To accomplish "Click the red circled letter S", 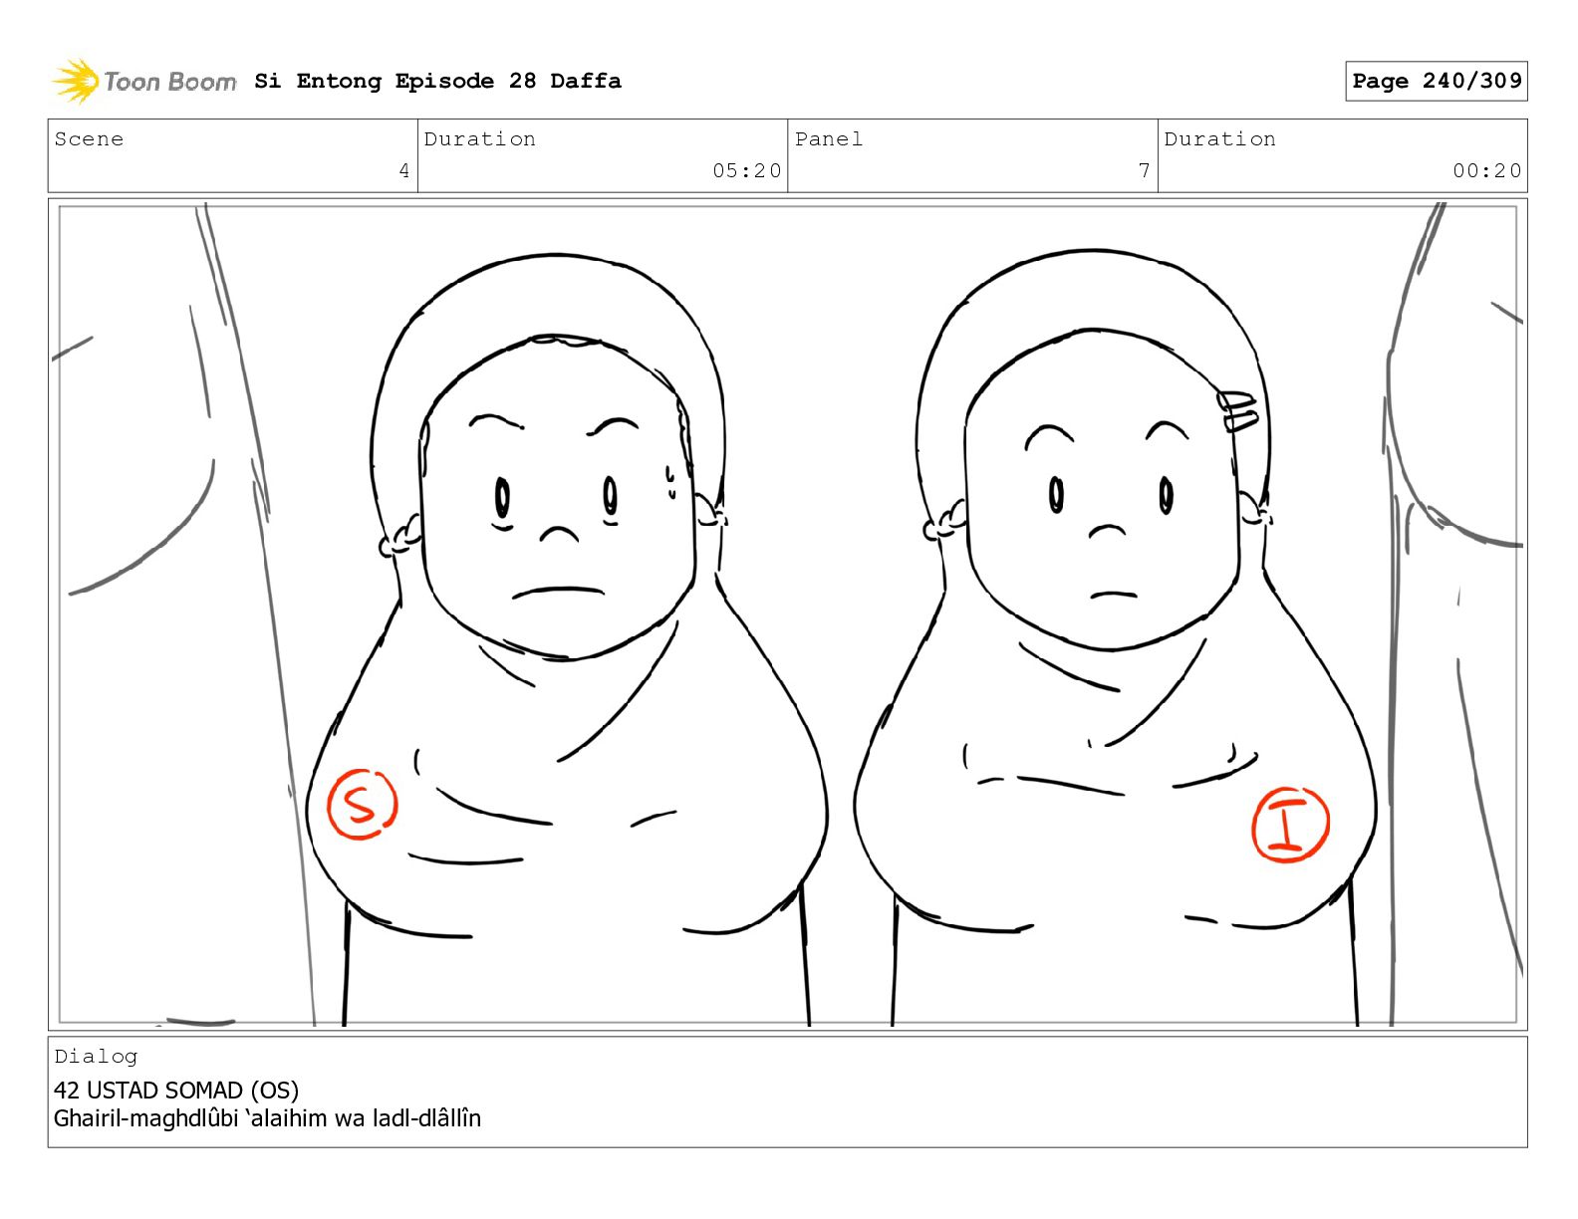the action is tap(363, 805).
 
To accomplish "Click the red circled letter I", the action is tap(1290, 825).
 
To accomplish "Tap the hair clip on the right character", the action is tap(1238, 411).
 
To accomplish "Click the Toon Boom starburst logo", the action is tap(76, 81).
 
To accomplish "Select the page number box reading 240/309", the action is tap(1436, 81).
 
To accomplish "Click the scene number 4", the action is tap(404, 170).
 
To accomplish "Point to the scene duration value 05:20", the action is tap(746, 170).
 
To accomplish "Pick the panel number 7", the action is tap(1144, 170).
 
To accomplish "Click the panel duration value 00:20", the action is tap(1486, 170).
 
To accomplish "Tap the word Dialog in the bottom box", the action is tap(96, 1057).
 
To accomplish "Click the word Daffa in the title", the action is tap(586, 81).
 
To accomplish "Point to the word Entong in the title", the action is tap(339, 81).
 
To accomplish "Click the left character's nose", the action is tap(559, 535).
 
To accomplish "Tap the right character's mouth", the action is tap(1113, 595).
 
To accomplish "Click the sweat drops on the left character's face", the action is tap(670, 482).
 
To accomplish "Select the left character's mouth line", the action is tap(558, 593).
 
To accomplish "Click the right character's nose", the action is tap(1107, 532).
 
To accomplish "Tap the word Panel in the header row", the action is tap(829, 138).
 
